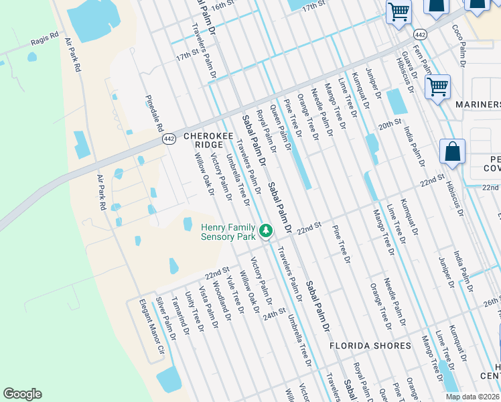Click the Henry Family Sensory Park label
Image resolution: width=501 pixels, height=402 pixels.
pos(228,232)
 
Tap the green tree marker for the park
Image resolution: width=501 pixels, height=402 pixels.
pos(266,232)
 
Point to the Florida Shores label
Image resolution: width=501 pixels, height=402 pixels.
pos(370,346)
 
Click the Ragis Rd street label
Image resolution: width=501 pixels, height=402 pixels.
pos(45,42)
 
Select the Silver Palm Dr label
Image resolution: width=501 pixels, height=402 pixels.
pos(165,318)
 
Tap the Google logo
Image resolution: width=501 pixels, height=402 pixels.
pos(22,394)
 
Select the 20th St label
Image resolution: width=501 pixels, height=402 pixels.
pos(388,125)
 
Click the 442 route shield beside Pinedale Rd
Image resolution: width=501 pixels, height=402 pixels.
pos(167,139)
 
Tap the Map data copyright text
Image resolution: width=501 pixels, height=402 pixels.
pos(472,397)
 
